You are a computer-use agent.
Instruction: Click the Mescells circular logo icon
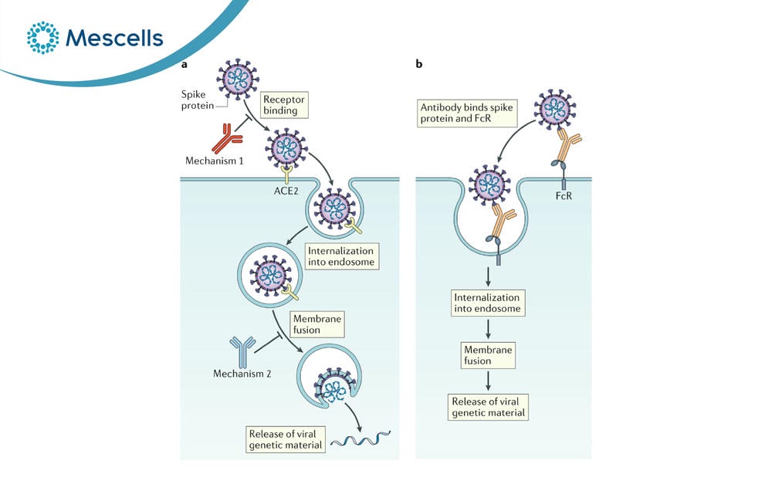click(42, 37)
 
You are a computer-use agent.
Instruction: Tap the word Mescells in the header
click(114, 38)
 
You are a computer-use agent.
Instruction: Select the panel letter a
click(185, 64)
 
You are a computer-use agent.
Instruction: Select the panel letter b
click(419, 63)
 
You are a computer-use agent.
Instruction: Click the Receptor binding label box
click(283, 105)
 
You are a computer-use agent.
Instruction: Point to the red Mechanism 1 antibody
click(226, 138)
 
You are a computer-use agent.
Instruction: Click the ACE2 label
click(286, 191)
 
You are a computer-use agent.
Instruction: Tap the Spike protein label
click(197, 100)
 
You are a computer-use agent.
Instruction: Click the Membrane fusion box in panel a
click(317, 324)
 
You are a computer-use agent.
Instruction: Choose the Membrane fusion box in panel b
click(488, 355)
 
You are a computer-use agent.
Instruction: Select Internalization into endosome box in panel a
click(342, 256)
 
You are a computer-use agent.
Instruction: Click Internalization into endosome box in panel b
click(487, 303)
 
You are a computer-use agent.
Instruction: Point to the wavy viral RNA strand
click(361, 439)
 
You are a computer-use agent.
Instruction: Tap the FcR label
click(564, 195)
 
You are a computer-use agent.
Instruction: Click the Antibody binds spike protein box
click(467, 113)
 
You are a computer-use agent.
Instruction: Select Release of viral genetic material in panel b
click(488, 407)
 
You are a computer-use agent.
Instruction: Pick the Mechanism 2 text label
click(242, 374)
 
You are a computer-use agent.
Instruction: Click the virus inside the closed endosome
click(270, 275)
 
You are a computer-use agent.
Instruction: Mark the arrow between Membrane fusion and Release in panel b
click(488, 381)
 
